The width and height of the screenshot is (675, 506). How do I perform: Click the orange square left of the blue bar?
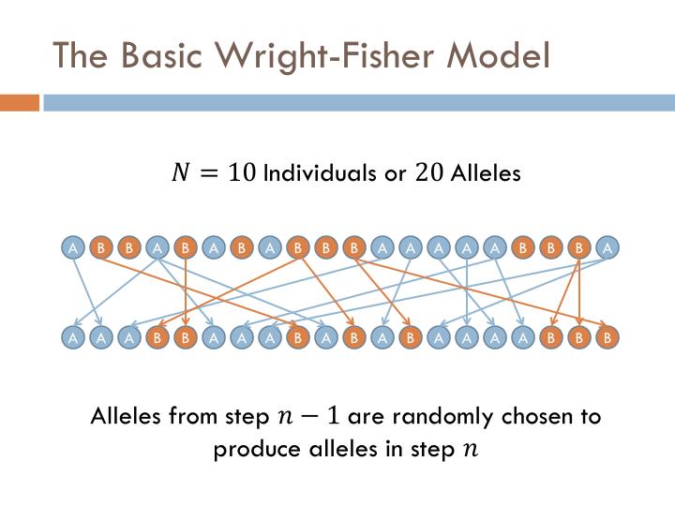[x=19, y=102]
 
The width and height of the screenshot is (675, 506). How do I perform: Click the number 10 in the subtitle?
[x=240, y=173]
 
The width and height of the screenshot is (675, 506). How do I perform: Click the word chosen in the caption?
[x=531, y=416]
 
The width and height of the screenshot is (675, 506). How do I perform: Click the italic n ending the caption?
[x=470, y=451]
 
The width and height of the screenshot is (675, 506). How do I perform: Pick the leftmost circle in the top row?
[x=72, y=248]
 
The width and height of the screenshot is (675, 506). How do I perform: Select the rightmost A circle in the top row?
[x=607, y=248]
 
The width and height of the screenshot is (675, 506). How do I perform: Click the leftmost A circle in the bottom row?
[x=72, y=336]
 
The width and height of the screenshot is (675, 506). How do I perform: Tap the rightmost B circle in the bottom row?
[x=607, y=336]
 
